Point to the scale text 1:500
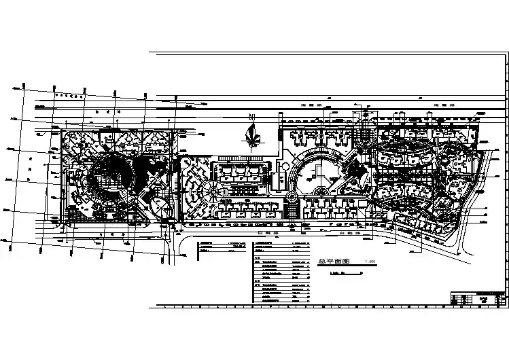[370, 262]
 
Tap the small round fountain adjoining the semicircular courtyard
[292, 198]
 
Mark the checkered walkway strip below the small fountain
[293, 212]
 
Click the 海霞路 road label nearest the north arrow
[310, 107]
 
